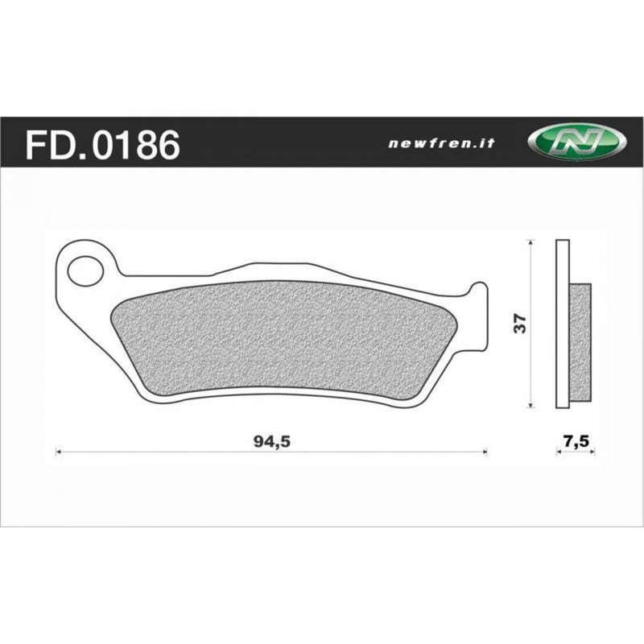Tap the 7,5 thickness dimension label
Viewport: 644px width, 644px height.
[x=576, y=441]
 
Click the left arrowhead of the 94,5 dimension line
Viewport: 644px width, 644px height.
[x=58, y=452]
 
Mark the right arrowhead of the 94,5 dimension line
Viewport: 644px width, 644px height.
[x=485, y=452]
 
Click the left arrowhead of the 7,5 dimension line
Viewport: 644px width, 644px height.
[x=559, y=452]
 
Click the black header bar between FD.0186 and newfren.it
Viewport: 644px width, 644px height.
[x=282, y=143]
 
